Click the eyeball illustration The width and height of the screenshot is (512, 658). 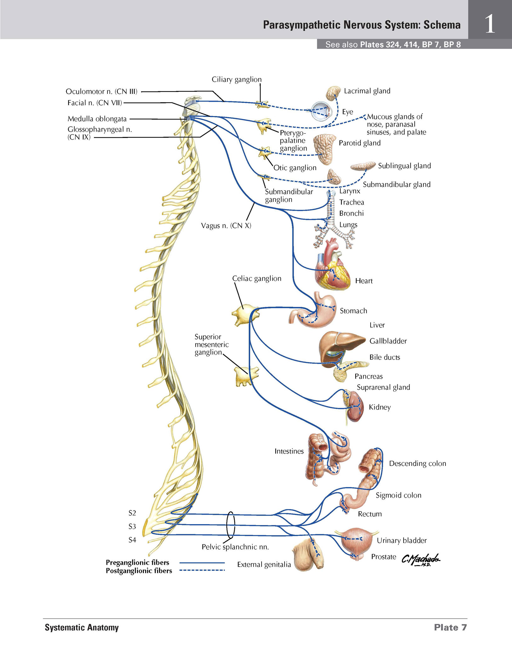point(322,111)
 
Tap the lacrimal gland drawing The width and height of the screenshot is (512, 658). point(333,93)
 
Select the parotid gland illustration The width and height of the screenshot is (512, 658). point(325,149)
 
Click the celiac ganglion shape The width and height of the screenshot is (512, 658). point(245,315)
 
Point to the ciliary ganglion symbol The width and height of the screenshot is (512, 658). point(262,104)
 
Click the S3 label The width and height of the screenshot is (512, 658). point(132,526)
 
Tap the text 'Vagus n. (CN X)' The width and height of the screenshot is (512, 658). point(226,226)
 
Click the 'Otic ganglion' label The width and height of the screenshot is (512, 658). point(295,168)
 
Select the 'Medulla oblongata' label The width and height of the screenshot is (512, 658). point(97,119)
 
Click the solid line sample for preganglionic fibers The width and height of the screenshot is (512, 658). point(202,563)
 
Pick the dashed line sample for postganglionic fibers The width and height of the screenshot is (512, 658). point(202,570)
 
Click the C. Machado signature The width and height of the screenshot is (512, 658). point(421,559)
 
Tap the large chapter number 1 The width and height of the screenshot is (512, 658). point(490,24)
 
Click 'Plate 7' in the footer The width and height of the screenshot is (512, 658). point(450,627)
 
